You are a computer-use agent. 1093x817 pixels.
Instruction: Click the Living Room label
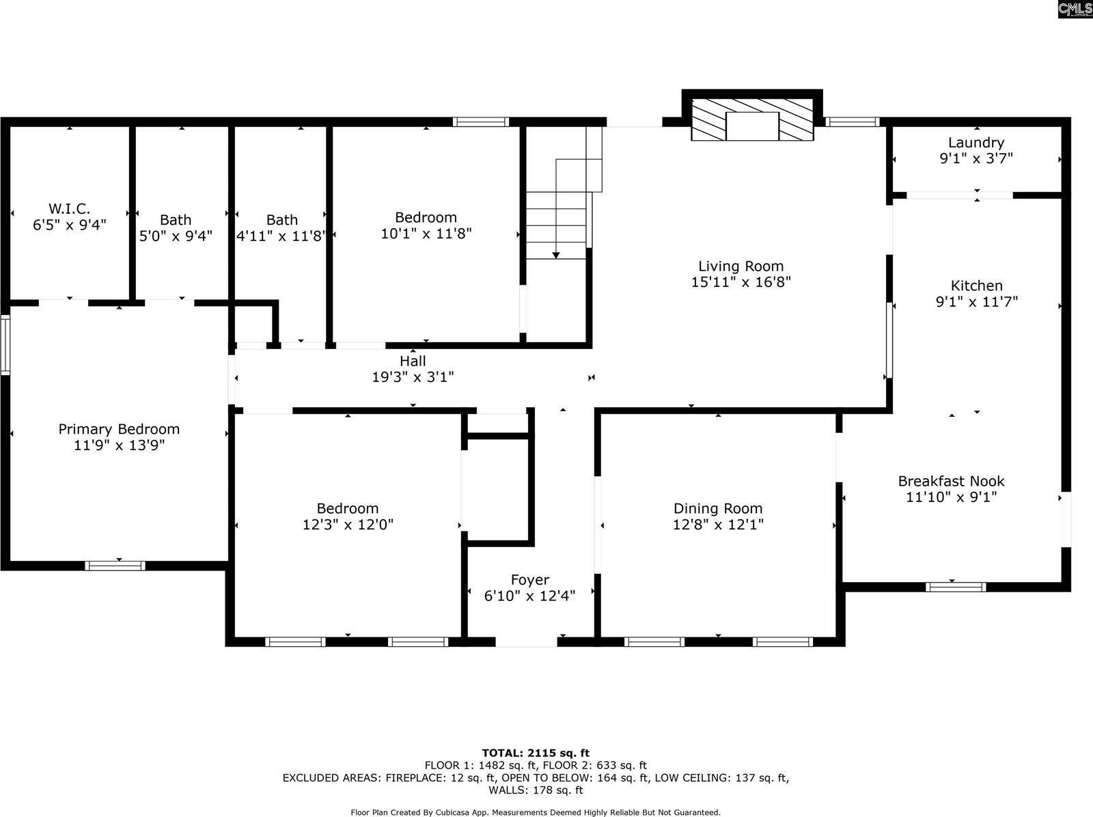[741, 266]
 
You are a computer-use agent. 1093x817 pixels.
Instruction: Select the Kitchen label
[976, 286]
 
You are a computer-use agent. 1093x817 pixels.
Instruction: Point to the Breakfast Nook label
[951, 481]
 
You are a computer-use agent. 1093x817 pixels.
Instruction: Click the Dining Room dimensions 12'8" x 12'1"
[717, 525]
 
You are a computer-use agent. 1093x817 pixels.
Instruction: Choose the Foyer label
[529, 580]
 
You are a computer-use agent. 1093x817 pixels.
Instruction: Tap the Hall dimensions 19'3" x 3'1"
[413, 376]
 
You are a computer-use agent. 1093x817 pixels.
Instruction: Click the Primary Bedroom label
[119, 429]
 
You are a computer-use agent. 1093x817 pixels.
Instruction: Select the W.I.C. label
[69, 208]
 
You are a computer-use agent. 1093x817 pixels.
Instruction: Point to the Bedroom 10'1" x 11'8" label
[426, 217]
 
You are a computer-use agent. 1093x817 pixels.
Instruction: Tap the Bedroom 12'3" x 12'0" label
[348, 508]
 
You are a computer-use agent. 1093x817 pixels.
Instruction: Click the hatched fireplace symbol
[752, 120]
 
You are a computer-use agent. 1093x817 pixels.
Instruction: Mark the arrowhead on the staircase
[556, 255]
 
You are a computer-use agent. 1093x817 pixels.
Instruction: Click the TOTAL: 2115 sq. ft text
[535, 753]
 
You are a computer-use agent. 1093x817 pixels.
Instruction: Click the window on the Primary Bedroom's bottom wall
[115, 566]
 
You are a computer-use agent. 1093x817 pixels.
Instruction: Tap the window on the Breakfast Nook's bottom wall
[955, 587]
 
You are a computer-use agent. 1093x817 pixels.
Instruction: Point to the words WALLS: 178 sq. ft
[535, 790]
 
